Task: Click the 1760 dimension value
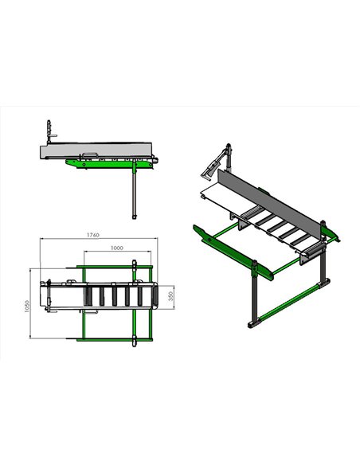[93, 235]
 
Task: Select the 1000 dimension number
[117, 248]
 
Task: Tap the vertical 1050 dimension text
[27, 307]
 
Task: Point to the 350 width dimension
[170, 296]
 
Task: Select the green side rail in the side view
[112, 163]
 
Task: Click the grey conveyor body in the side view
[96, 150]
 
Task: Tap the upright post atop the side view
[49, 132]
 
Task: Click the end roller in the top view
[155, 296]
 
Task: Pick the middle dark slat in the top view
[115, 296]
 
